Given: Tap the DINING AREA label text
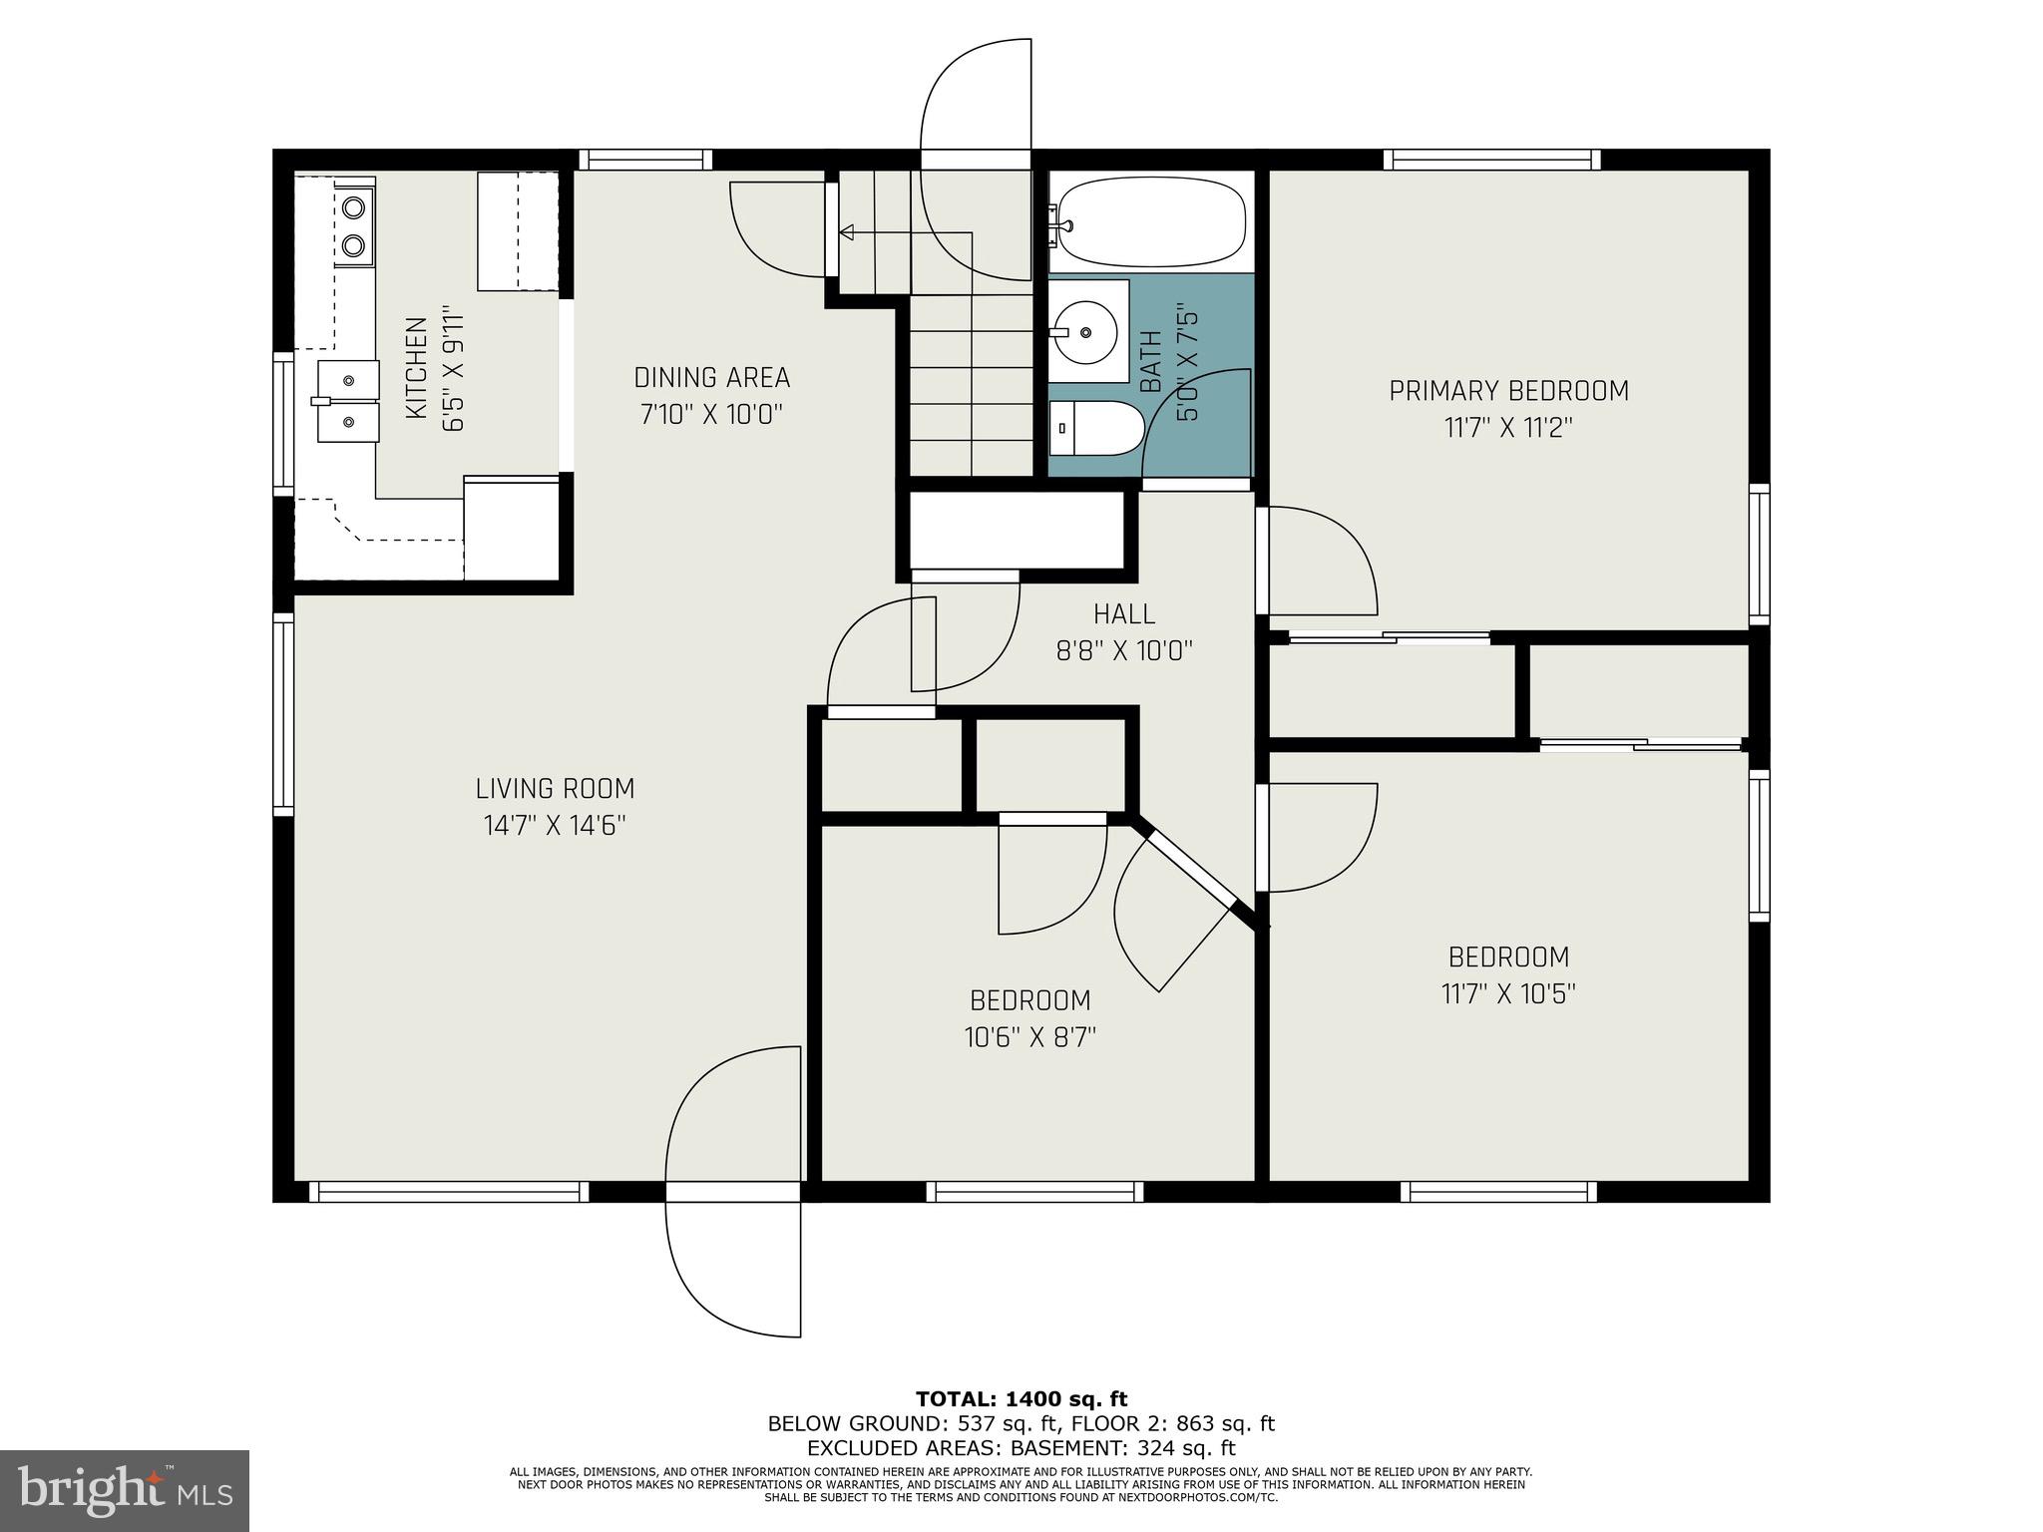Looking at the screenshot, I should point(711,378).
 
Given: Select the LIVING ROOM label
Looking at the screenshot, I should point(555,789).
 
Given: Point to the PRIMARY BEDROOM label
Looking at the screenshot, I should point(1508,391).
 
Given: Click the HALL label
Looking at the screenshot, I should point(1124,614).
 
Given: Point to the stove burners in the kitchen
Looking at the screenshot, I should point(353,225).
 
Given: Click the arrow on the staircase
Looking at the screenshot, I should point(847,233).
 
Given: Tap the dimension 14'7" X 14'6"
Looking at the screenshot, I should point(555,826).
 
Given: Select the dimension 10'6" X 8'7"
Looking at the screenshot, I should point(1029,1037).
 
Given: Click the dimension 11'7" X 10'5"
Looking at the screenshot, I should point(1508,994).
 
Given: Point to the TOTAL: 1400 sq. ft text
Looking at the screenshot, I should point(1021,1399).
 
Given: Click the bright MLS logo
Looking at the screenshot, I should point(125,1491).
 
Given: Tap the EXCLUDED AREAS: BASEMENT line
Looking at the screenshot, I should point(1021,1448).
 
